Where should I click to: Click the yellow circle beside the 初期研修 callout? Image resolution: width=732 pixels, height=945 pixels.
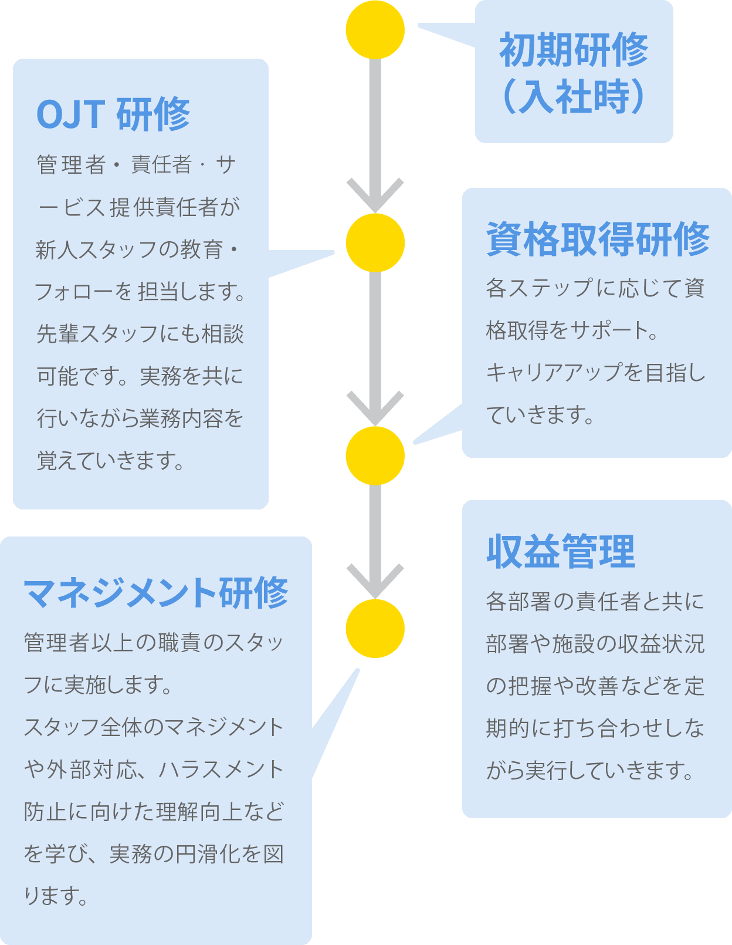pos(375,30)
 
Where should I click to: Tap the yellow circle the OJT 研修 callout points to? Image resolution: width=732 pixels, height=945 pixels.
pos(375,242)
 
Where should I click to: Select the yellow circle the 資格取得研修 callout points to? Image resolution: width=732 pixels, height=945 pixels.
pos(375,455)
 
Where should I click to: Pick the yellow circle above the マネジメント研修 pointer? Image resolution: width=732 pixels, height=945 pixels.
pos(375,628)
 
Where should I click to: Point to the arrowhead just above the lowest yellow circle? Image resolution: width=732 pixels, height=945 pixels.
pos(375,581)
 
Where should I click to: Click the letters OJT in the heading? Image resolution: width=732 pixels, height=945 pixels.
pos(70,114)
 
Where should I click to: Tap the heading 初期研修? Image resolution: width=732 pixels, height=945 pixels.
pos(574,50)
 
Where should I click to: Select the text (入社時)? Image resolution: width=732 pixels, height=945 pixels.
pos(574,97)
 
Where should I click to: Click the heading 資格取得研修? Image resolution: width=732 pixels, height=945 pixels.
pos(598,239)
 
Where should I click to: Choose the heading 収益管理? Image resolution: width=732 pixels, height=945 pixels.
pos(561,552)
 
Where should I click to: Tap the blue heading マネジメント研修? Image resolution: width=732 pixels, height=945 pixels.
pos(156,593)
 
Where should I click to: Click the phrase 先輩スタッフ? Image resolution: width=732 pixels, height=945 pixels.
pos(97,334)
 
